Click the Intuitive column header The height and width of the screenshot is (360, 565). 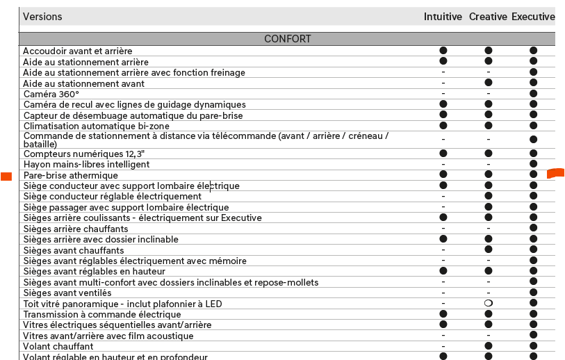coord(443,17)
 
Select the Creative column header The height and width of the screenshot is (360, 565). coord(488,17)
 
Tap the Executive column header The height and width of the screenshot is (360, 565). coord(533,17)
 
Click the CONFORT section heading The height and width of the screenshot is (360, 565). coord(288,39)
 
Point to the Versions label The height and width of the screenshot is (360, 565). coord(42,17)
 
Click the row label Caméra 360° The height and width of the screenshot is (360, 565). coord(51,94)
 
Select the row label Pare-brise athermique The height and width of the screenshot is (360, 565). coord(71,175)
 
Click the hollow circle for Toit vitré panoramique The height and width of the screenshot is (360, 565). coord(489,304)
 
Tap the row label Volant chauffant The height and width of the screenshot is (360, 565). coord(58,346)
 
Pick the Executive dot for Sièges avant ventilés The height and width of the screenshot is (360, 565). coord(534,293)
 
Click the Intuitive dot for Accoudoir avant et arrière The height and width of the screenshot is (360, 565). coord(443,51)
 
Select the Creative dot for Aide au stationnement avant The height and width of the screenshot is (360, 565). coord(489,83)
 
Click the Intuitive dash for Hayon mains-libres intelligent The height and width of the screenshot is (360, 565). coord(443,165)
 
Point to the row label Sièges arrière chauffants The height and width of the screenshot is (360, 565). coord(76,229)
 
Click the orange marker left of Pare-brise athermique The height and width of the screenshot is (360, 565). coord(6,176)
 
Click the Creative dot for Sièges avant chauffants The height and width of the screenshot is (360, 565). coord(489,250)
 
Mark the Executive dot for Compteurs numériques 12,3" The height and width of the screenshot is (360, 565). coord(534,153)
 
